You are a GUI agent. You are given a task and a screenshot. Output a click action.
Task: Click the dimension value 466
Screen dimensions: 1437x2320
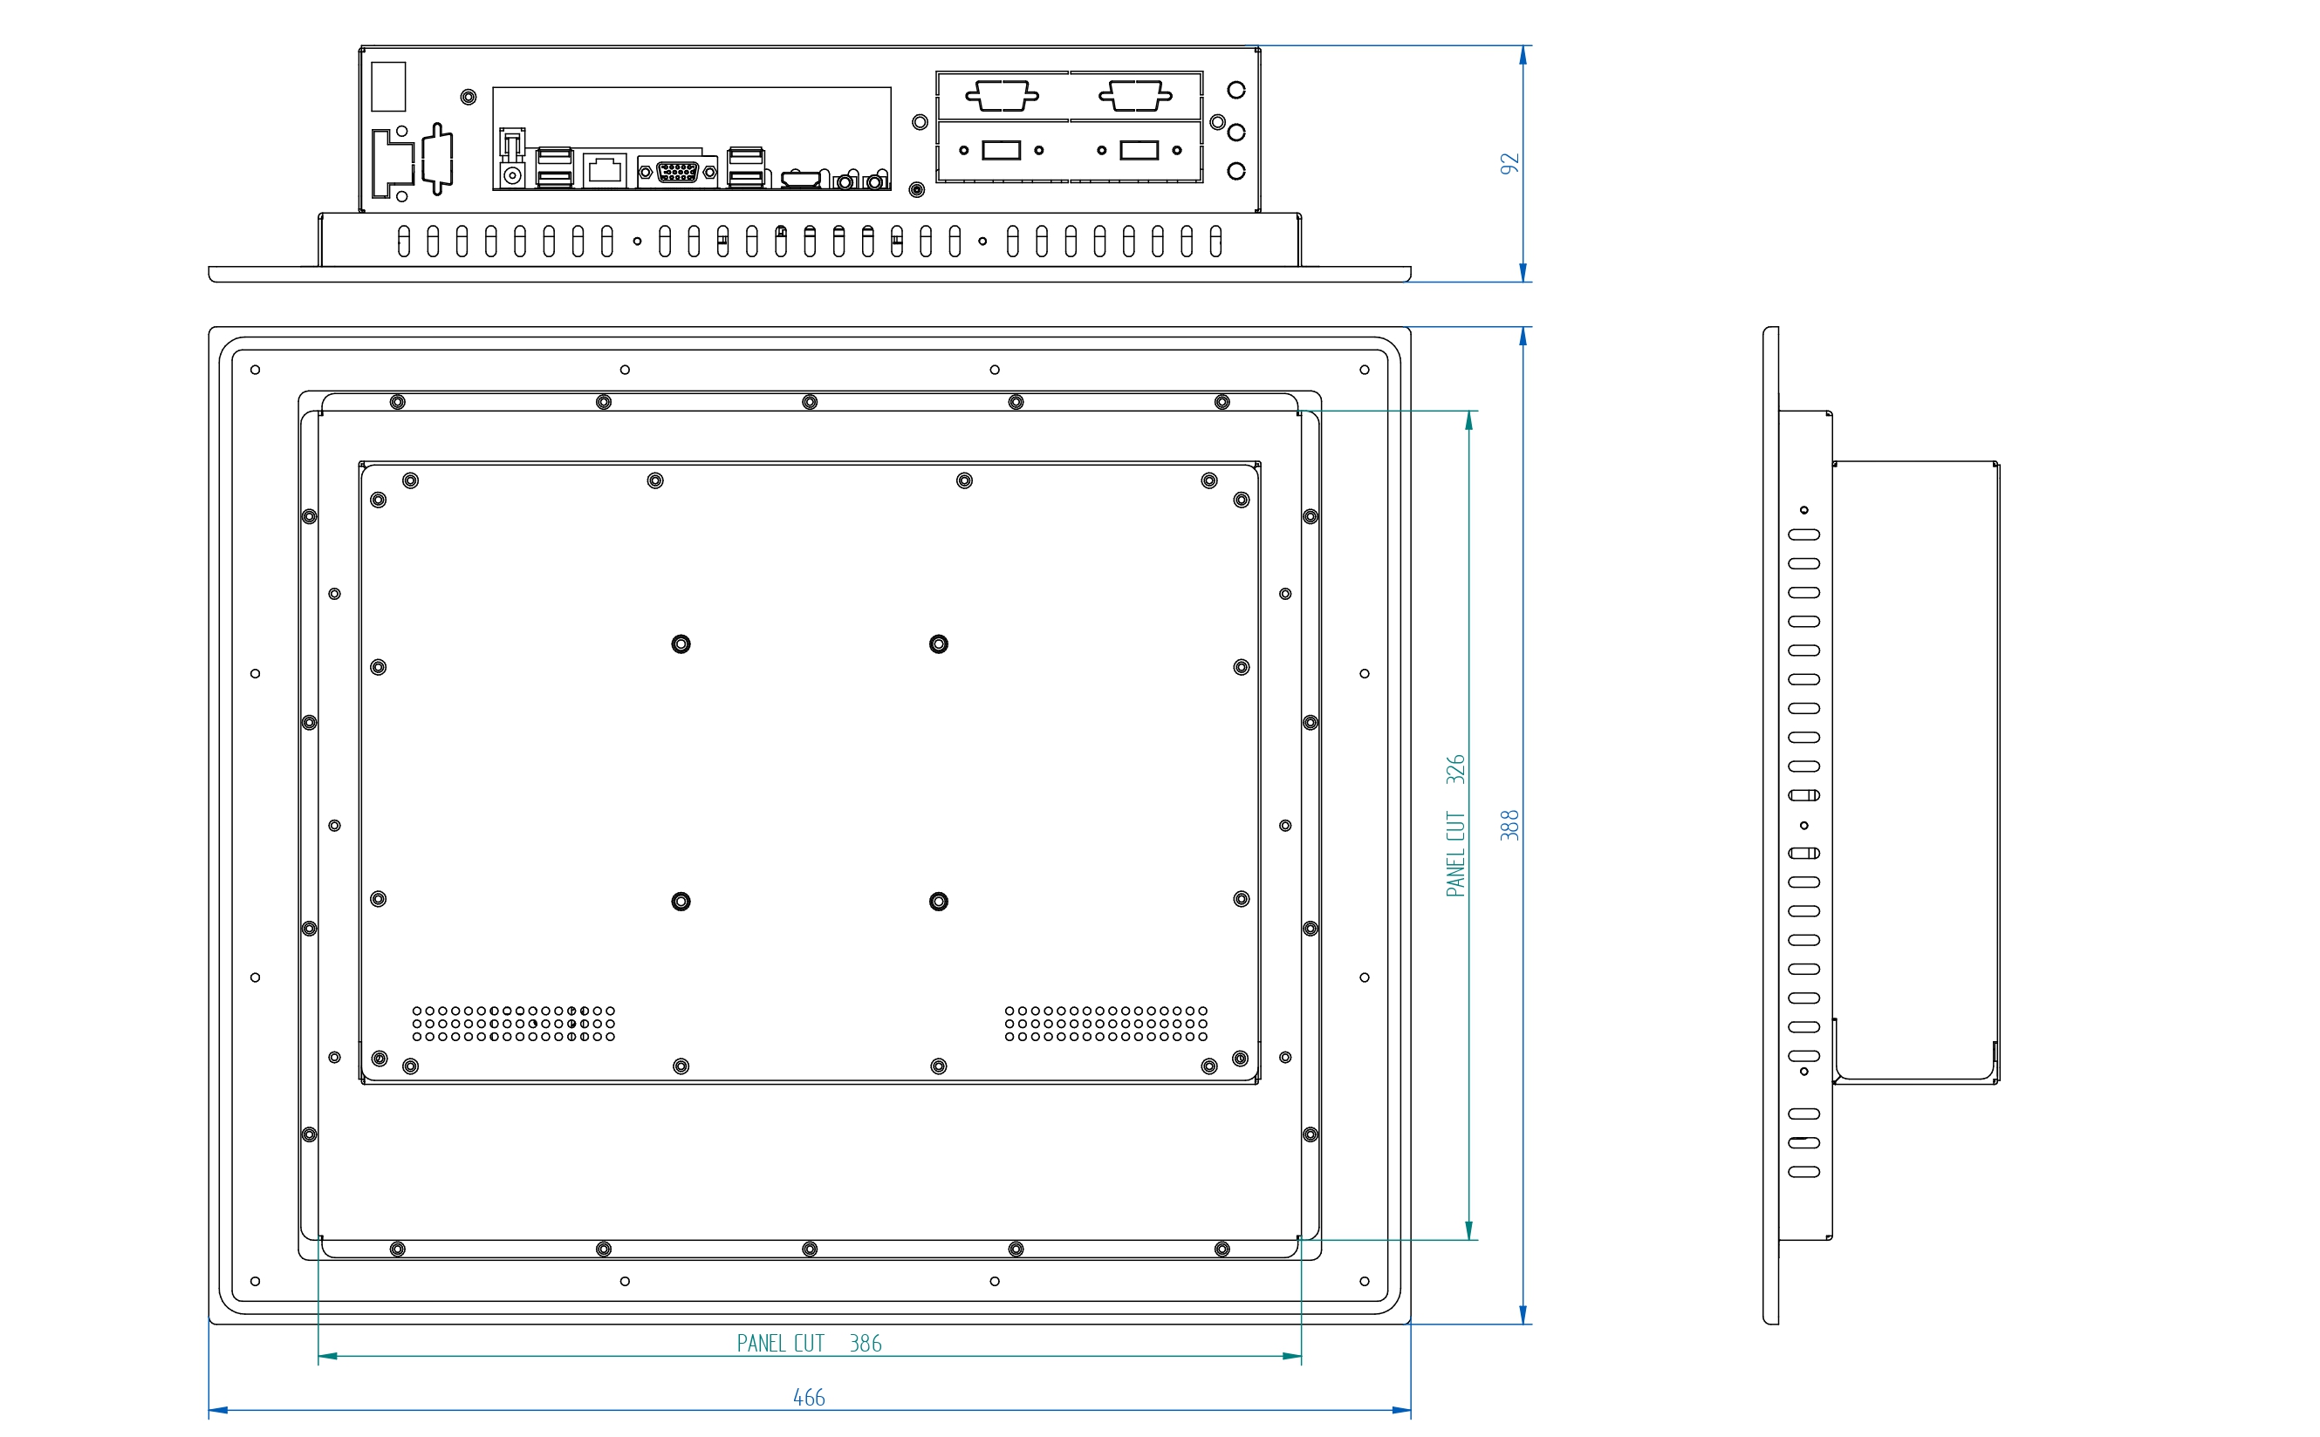[809, 1397]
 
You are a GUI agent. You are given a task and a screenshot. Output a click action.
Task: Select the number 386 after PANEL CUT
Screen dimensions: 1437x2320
[866, 1343]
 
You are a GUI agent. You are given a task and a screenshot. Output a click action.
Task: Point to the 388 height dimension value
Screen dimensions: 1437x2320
[1509, 825]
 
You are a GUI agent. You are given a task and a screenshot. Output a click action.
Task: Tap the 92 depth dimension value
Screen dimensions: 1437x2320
[1509, 163]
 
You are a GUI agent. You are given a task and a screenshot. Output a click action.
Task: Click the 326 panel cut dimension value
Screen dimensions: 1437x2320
[1454, 769]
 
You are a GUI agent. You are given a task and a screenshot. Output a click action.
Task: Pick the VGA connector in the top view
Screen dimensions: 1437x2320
[678, 172]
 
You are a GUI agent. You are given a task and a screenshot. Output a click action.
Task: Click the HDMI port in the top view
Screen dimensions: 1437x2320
[801, 179]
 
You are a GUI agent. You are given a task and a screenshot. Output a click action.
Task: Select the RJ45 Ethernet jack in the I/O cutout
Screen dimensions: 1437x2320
[605, 171]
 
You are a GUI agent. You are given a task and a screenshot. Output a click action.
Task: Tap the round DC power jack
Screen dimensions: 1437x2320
[513, 176]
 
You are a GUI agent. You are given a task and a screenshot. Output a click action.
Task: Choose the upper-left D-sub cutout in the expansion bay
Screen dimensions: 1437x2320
[1003, 96]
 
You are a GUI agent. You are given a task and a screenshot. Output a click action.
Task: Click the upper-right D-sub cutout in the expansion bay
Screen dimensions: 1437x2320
[1135, 96]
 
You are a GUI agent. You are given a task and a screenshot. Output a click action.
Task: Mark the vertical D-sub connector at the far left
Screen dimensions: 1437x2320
[437, 159]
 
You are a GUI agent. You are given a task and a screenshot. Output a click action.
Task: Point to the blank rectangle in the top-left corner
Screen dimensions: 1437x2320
[388, 86]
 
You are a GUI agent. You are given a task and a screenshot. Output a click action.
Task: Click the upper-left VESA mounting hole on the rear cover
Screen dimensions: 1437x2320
[681, 644]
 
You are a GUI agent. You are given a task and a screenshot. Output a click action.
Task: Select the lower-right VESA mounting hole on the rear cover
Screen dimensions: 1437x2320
[939, 901]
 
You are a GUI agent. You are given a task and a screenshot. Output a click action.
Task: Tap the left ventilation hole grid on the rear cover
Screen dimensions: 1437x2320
[513, 1024]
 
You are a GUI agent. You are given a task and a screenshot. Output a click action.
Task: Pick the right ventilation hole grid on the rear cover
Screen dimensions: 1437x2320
[1105, 1024]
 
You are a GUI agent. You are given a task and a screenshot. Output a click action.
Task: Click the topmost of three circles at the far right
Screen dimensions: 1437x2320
[1236, 91]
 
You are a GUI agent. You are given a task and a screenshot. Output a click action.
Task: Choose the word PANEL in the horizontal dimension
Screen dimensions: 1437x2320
[761, 1343]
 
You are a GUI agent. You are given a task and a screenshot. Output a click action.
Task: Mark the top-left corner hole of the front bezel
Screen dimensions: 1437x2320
[255, 370]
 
